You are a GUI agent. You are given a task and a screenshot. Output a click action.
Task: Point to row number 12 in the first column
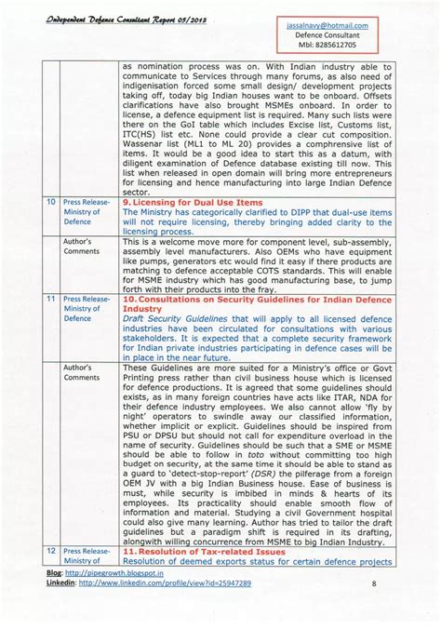point(48,551)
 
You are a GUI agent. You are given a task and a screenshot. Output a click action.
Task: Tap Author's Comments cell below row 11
point(81,372)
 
